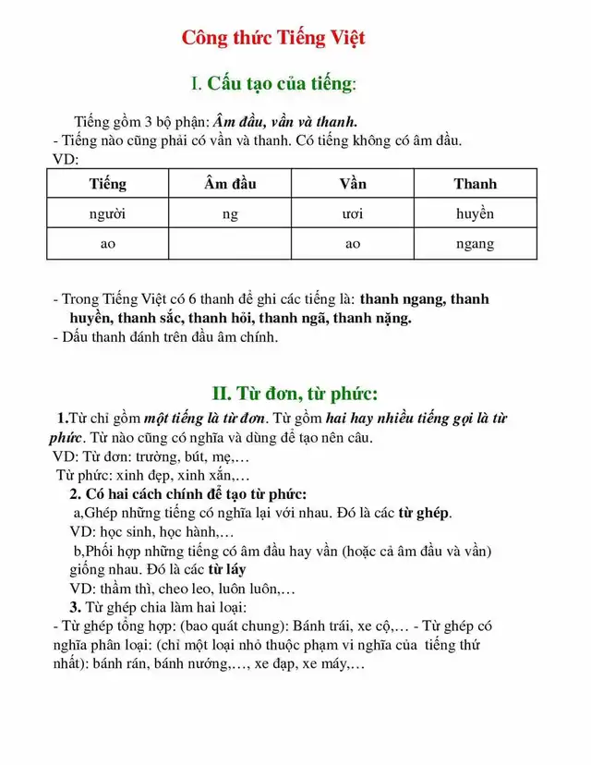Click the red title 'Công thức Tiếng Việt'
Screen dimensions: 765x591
[273, 38]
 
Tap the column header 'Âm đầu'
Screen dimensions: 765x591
[230, 183]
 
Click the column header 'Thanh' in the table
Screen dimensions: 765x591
[475, 183]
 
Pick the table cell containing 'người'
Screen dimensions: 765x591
[107, 213]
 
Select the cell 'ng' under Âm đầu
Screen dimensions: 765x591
[230, 213]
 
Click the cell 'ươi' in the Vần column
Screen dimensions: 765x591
[352, 213]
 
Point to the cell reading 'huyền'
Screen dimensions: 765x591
[475, 213]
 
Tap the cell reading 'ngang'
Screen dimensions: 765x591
[475, 244]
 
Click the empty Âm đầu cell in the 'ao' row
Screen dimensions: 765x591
[230, 244]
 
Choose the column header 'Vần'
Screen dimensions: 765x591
[352, 183]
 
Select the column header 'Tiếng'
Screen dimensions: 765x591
[107, 183]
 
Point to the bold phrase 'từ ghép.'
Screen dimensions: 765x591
[425, 513]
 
